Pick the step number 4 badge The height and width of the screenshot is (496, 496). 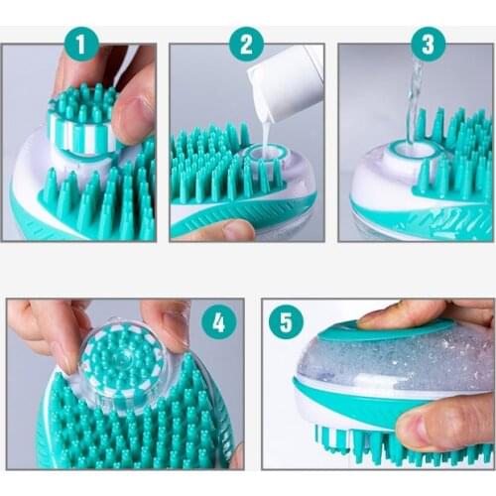tap(218, 321)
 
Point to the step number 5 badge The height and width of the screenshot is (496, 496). tap(286, 322)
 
